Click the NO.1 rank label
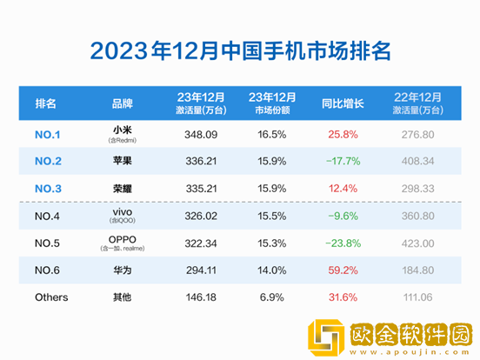pyautogui.click(x=50, y=135)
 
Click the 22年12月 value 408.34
pyautogui.click(x=418, y=160)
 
